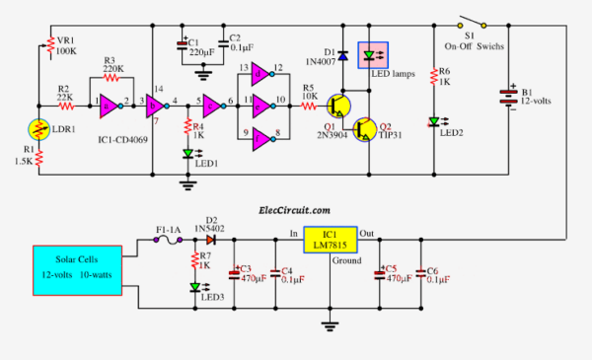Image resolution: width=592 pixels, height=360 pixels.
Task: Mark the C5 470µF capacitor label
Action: [x=398, y=273]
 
